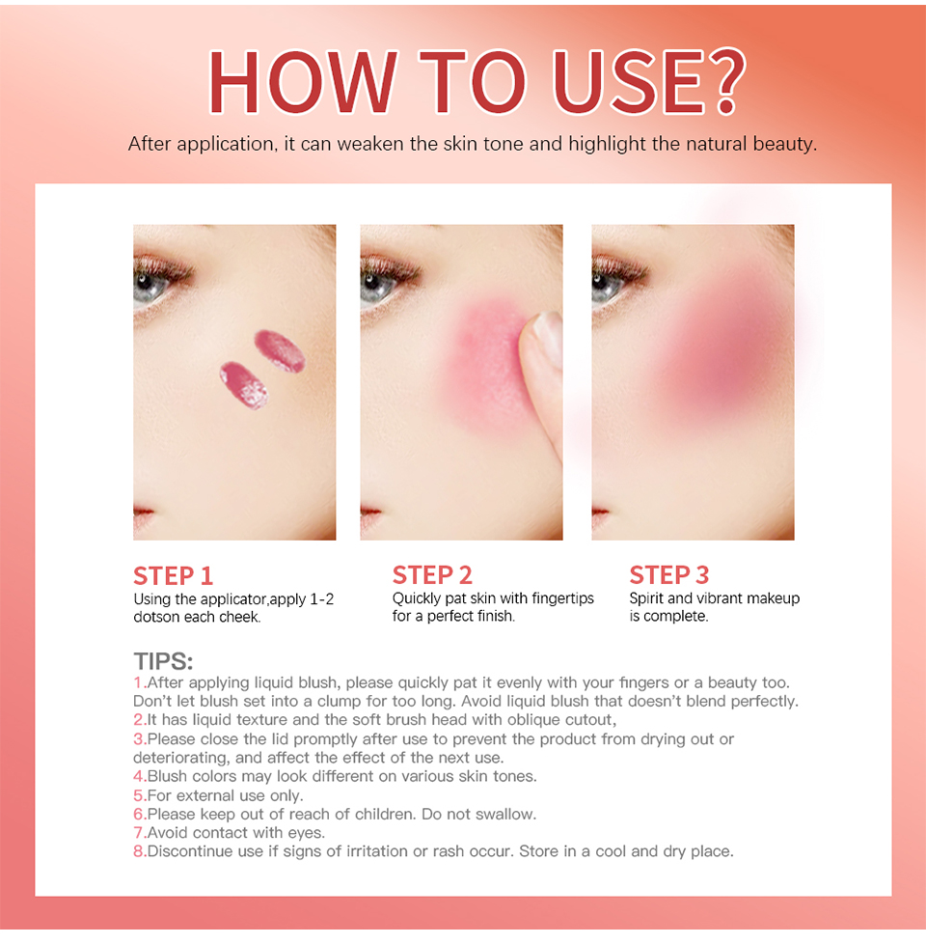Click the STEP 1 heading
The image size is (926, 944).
pyautogui.click(x=174, y=575)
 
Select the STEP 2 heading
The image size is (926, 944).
pyautogui.click(x=432, y=575)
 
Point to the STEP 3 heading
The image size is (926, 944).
pyautogui.click(x=669, y=575)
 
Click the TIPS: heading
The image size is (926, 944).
pyautogui.click(x=163, y=661)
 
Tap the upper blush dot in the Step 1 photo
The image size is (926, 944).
pyautogui.click(x=280, y=350)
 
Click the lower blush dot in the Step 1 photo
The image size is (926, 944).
pyautogui.click(x=244, y=385)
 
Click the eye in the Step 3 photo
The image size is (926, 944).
pyautogui.click(x=609, y=283)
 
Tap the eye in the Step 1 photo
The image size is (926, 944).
pyautogui.click(x=150, y=284)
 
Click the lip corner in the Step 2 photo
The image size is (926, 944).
pyautogui.click(x=369, y=514)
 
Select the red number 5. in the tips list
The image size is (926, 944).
pyautogui.click(x=140, y=795)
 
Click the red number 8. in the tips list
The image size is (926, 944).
pyautogui.click(x=140, y=851)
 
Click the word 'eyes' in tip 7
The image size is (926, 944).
pyautogui.click(x=307, y=833)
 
